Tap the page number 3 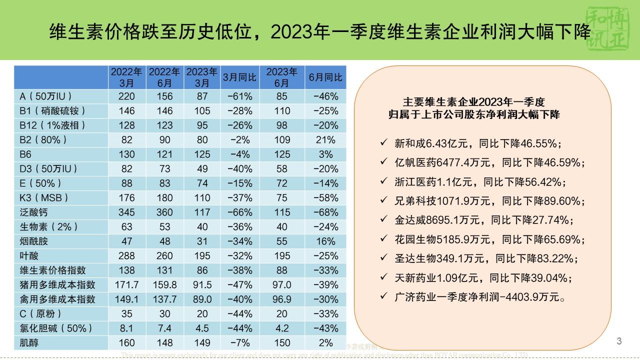[619, 341]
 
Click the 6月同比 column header [325, 77]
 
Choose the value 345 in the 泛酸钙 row [127, 212]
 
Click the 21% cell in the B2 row [325, 139]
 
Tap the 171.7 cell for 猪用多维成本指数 [127, 285]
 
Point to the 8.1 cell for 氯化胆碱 [127, 328]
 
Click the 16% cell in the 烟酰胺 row [325, 241]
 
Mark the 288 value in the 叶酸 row [127, 256]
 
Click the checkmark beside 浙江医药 [383, 182]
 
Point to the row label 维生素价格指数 [49, 270]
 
